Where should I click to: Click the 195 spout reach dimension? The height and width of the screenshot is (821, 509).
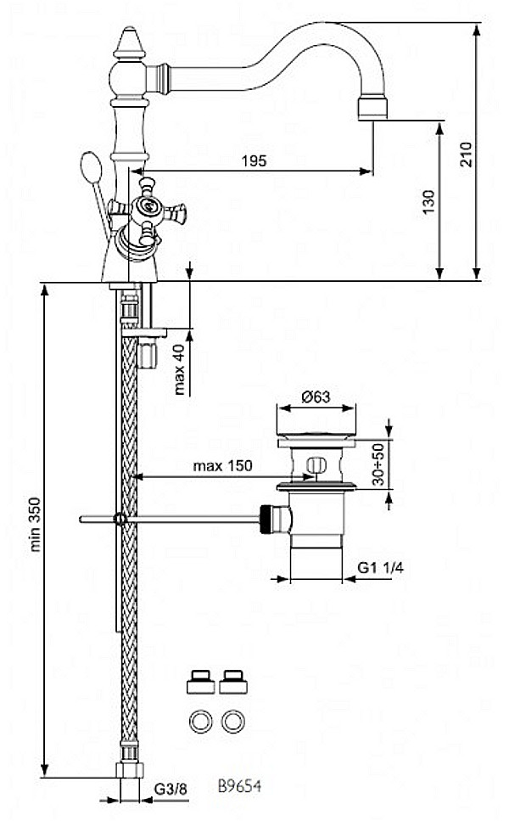pyautogui.click(x=255, y=160)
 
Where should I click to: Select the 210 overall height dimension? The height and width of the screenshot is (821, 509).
pyautogui.click(x=466, y=155)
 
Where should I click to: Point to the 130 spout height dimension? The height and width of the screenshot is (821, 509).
pyautogui.click(x=429, y=202)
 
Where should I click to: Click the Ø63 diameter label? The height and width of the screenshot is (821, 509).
pyautogui.click(x=316, y=396)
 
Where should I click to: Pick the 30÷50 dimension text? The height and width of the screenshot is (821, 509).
pyautogui.click(x=379, y=464)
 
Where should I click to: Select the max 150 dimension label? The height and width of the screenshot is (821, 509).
pyautogui.click(x=222, y=465)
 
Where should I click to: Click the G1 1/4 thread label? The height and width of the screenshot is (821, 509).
pyautogui.click(x=380, y=568)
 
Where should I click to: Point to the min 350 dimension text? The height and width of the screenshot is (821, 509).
pyautogui.click(x=35, y=524)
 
